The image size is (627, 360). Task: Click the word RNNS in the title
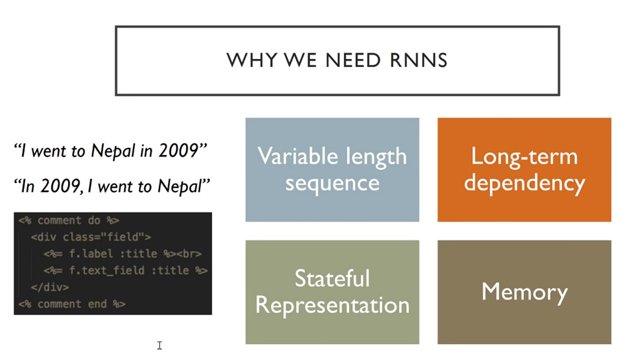tap(419, 60)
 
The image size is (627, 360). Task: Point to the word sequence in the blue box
tap(332, 182)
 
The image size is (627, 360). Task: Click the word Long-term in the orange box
tap(524, 156)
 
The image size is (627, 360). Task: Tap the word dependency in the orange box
tap(524, 183)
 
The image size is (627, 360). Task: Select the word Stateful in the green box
tap(332, 278)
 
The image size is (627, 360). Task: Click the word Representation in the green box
tap(332, 305)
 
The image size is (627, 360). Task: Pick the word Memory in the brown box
tap(524, 292)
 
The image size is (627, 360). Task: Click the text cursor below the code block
tap(159, 345)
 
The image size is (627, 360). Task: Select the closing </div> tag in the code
tap(50, 287)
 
